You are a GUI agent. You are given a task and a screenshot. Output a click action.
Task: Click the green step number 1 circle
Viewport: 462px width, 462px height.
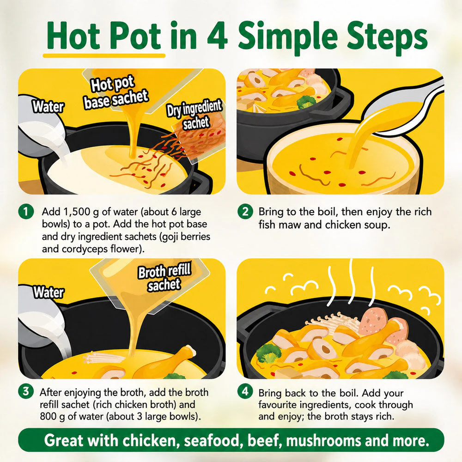[x=26, y=212]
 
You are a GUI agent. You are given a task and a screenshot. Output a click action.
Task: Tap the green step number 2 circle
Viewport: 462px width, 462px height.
[x=245, y=212]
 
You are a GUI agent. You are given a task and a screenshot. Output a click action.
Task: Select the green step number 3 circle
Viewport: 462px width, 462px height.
[x=26, y=391]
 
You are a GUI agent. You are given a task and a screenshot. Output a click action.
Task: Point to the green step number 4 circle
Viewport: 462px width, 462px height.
[x=245, y=391]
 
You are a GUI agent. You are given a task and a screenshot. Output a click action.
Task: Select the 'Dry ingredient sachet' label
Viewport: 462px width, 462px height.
[x=195, y=115]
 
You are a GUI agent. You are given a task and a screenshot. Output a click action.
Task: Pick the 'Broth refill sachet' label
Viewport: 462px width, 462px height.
[x=164, y=277]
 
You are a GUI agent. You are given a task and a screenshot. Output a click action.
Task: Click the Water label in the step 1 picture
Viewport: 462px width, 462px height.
[x=48, y=106]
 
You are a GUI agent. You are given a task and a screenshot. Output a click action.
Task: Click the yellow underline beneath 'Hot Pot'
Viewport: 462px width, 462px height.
[x=104, y=55]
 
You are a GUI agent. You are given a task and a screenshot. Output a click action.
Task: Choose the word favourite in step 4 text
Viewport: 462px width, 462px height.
[x=280, y=405]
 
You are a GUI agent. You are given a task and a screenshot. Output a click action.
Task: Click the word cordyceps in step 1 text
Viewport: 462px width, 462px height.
[x=79, y=249]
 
